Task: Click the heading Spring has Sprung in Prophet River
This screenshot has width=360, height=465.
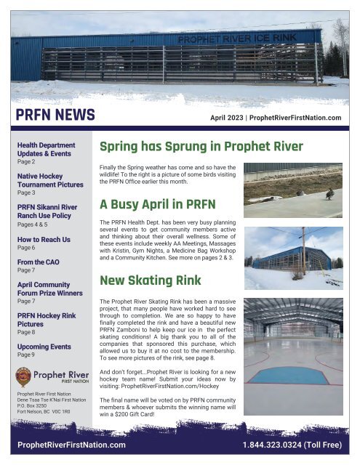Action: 201,147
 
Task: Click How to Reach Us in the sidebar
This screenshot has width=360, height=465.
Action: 44,238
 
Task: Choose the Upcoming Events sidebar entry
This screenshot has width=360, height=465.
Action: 44,347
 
